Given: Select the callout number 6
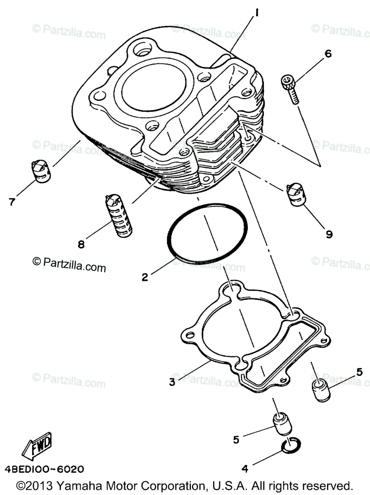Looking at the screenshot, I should click(x=328, y=54).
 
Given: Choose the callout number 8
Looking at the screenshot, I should click(x=81, y=245).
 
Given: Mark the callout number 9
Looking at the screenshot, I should click(x=329, y=234).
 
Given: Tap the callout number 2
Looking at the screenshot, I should click(x=145, y=277).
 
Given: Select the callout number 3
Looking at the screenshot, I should click(x=172, y=382).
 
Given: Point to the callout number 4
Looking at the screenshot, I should click(x=244, y=469).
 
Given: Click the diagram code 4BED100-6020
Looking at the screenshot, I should click(x=45, y=469).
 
